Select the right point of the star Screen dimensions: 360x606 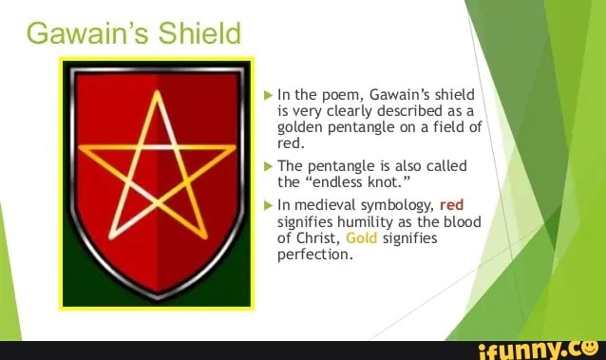pos(235,147)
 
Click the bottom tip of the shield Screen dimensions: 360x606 pos(157,296)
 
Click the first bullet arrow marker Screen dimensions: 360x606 pos(268,94)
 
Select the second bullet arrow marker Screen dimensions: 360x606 pos(268,165)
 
